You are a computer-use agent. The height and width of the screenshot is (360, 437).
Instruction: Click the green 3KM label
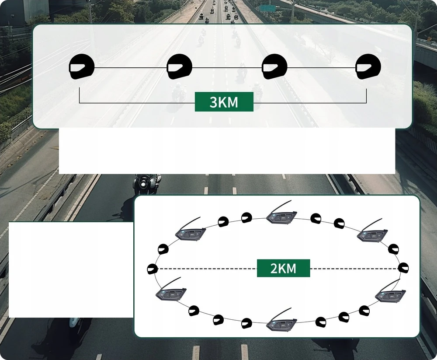click(224, 102)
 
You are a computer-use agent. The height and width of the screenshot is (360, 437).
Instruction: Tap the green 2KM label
click(283, 268)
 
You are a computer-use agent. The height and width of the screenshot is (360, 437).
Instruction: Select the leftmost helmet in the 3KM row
click(82, 66)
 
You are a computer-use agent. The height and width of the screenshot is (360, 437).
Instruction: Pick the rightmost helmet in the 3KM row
click(368, 66)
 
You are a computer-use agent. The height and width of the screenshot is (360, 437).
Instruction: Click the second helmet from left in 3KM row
click(180, 66)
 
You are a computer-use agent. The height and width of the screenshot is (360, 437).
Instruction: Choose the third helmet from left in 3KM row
click(274, 66)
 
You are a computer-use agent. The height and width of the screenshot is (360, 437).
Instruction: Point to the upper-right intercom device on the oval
click(372, 231)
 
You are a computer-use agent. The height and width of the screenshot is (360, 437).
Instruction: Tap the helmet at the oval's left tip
click(153, 269)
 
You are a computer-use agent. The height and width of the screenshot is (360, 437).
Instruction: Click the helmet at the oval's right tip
click(403, 268)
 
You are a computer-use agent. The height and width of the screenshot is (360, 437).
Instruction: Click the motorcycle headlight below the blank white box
click(143, 184)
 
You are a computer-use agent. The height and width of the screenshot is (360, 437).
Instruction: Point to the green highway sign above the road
click(267, 8)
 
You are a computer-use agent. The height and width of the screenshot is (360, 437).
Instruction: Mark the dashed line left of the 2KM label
click(207, 269)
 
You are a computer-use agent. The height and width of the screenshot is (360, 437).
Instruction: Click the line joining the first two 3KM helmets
click(131, 67)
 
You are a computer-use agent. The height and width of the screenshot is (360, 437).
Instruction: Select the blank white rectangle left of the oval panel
click(71, 270)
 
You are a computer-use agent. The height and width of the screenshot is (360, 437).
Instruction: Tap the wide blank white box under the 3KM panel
click(227, 151)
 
